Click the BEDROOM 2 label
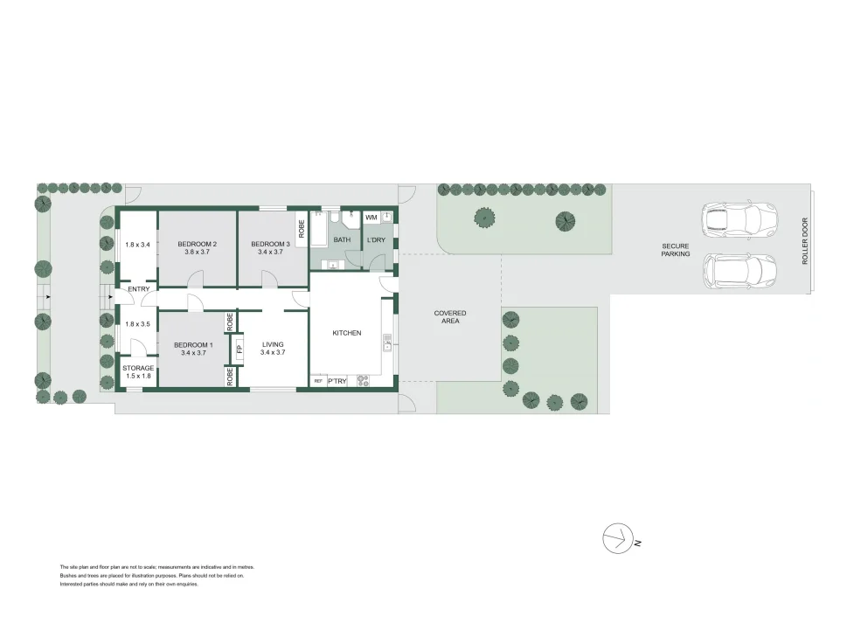point(197,243)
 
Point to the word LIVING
point(274,344)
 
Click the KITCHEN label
point(346,333)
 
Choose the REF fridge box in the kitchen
point(318,381)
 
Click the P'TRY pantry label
point(337,381)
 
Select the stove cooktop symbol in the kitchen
point(363,380)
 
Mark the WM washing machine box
point(371,217)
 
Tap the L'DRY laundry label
point(376,239)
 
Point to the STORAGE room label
point(137,368)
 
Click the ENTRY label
point(138,289)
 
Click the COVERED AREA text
point(450,317)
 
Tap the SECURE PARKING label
point(676,250)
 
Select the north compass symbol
point(618,538)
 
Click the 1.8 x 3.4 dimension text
point(138,245)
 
